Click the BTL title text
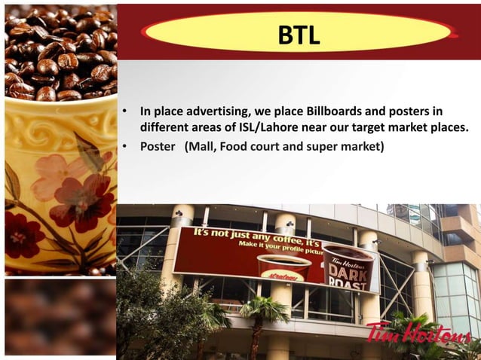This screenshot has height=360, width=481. [299, 35]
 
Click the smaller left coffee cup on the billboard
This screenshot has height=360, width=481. [283, 267]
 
